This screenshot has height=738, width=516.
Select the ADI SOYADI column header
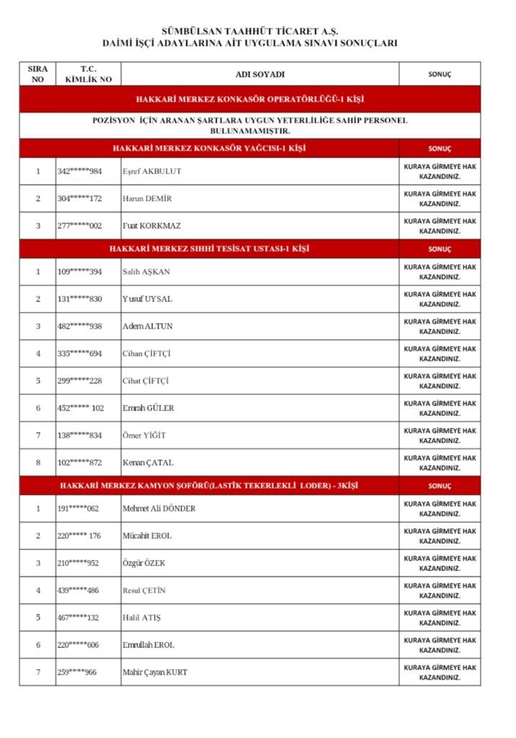pos(260,74)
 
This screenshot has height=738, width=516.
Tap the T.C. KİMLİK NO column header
pos(88,74)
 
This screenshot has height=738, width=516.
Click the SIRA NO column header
pos(37,74)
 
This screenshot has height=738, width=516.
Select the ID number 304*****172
pos(79,199)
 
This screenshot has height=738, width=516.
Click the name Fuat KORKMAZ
pos(152,226)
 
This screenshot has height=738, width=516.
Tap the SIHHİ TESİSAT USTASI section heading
pos(209,249)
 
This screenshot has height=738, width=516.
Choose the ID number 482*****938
pos(79,326)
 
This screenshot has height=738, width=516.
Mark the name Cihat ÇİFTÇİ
pos(146,381)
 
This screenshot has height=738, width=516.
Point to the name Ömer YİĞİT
pos(144,435)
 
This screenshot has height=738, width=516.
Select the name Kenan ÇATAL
pos(148,463)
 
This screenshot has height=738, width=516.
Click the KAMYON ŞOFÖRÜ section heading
pos(209,486)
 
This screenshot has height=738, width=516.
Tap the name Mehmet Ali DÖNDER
pos(159,509)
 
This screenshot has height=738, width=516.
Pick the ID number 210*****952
pos(78,564)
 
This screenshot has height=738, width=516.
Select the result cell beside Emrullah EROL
pos(440,645)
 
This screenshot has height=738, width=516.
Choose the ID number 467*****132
pos(78,618)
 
